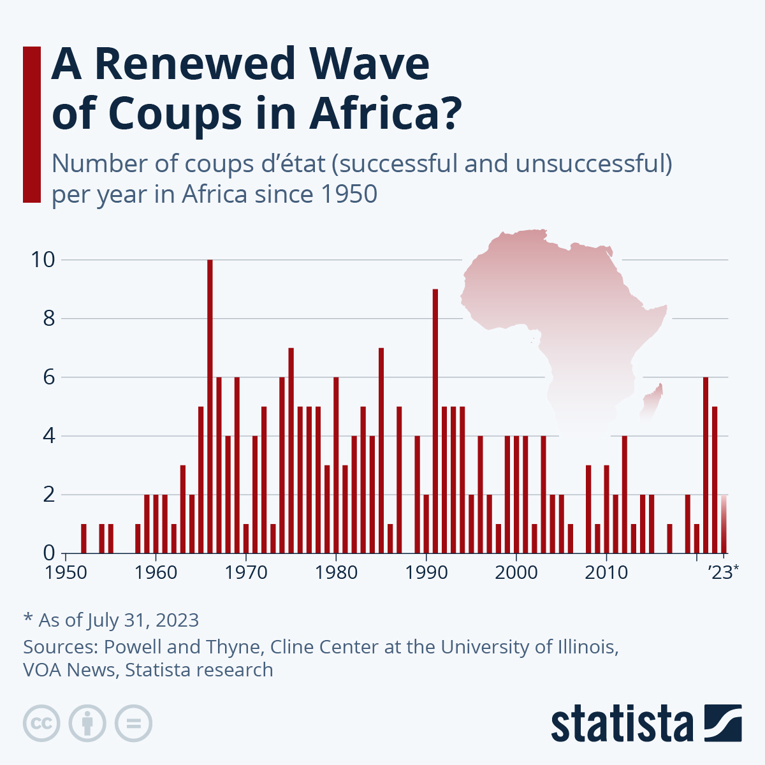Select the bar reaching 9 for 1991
coord(435,421)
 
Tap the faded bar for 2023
coord(724,523)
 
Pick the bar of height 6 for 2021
coord(706,465)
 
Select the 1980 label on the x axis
coord(336,572)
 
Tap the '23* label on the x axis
coord(724,572)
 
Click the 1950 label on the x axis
coord(66,572)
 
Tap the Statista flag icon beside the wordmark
coord(723,723)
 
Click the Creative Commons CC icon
coord(41,724)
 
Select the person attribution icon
coord(87,724)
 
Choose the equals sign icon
coord(133,724)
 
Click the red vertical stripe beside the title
coord(31,124)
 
